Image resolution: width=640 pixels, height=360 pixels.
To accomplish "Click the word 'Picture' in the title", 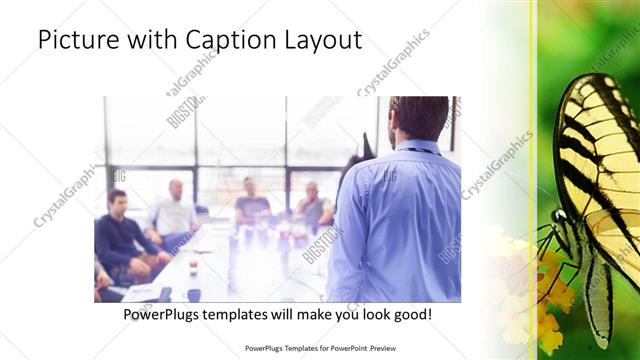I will (78, 41).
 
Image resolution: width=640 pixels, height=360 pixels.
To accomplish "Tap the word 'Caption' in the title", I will (226, 41).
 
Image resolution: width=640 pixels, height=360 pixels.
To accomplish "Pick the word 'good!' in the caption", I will (410, 315).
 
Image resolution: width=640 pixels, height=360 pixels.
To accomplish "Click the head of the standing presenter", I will (417, 118).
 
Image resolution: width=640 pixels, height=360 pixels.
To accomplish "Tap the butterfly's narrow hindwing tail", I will (598, 310).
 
